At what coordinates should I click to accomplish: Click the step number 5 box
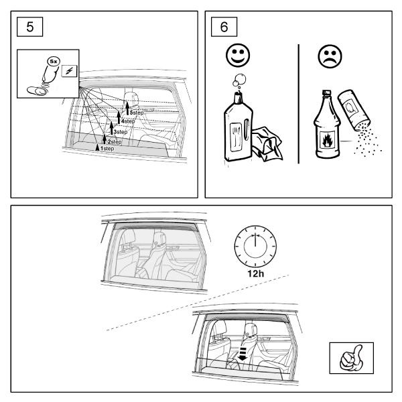27,29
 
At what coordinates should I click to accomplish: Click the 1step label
105,148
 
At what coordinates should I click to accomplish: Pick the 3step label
120,132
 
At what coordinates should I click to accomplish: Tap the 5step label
136,113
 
